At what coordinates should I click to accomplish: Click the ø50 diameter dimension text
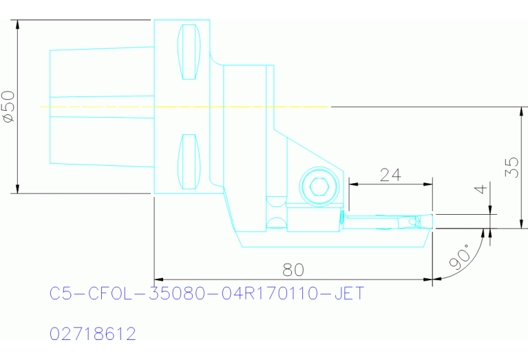point(9,107)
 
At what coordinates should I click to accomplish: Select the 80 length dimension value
point(293,269)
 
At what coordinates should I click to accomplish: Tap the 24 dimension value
point(390,175)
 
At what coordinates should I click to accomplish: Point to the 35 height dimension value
point(511,167)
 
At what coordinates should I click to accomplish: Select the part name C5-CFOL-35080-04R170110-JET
point(207,294)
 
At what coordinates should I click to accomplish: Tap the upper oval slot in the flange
point(189,52)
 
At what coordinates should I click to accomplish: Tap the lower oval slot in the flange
point(189,162)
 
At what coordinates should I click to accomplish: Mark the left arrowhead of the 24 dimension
point(353,184)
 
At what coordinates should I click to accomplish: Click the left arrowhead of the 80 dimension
point(159,279)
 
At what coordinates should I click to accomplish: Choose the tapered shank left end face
point(50,107)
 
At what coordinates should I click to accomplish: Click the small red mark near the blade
point(342,218)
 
